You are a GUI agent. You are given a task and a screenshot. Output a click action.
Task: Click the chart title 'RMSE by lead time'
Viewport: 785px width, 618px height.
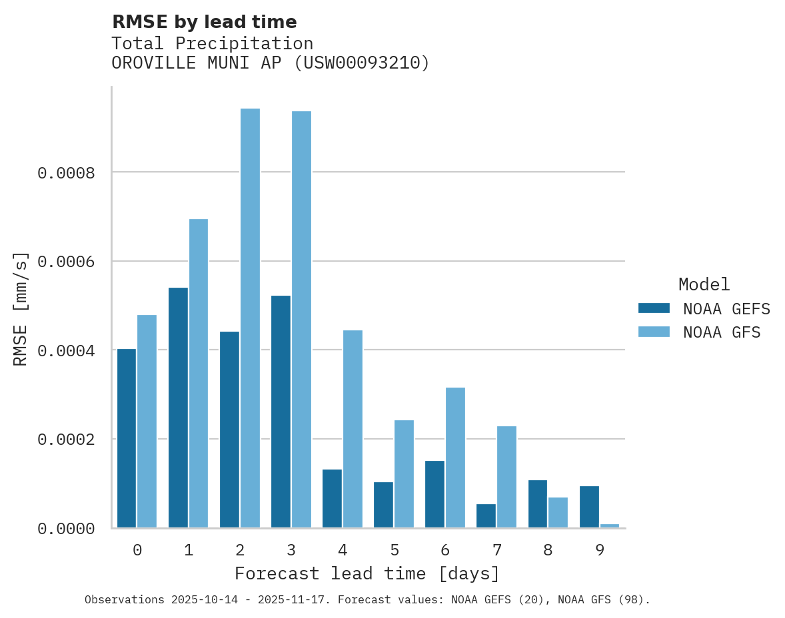click(x=204, y=22)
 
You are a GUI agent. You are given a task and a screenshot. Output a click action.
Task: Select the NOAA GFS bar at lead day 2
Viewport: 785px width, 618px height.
click(x=250, y=318)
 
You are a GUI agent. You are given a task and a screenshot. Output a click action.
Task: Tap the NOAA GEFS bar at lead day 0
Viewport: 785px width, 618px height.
click(x=127, y=438)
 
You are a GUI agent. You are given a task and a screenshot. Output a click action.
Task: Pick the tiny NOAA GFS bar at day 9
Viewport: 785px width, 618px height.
click(x=610, y=525)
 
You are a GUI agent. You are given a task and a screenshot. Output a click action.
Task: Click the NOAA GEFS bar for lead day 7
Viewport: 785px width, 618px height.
click(x=486, y=515)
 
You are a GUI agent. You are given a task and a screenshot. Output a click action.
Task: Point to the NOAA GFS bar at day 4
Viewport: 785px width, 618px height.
click(x=353, y=428)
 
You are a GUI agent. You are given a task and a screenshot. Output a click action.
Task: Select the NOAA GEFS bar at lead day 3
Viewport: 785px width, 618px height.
click(x=281, y=411)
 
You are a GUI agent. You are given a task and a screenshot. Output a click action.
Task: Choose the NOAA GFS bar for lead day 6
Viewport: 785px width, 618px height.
click(x=455, y=457)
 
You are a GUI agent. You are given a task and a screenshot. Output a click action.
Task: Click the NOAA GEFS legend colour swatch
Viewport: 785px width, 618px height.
click(x=654, y=308)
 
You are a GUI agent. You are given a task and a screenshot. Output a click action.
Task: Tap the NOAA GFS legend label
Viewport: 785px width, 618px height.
click(x=721, y=332)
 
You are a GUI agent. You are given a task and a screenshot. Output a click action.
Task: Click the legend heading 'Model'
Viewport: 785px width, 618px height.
click(x=704, y=284)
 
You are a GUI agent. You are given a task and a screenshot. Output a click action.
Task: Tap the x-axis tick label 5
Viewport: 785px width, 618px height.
click(x=394, y=550)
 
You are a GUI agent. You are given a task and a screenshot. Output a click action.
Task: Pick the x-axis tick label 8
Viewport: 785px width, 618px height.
click(x=548, y=550)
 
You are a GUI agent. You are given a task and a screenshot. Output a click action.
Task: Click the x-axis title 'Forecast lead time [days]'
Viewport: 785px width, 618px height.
click(x=367, y=573)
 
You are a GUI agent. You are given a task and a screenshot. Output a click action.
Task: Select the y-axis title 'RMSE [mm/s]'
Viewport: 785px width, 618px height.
click(x=21, y=308)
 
